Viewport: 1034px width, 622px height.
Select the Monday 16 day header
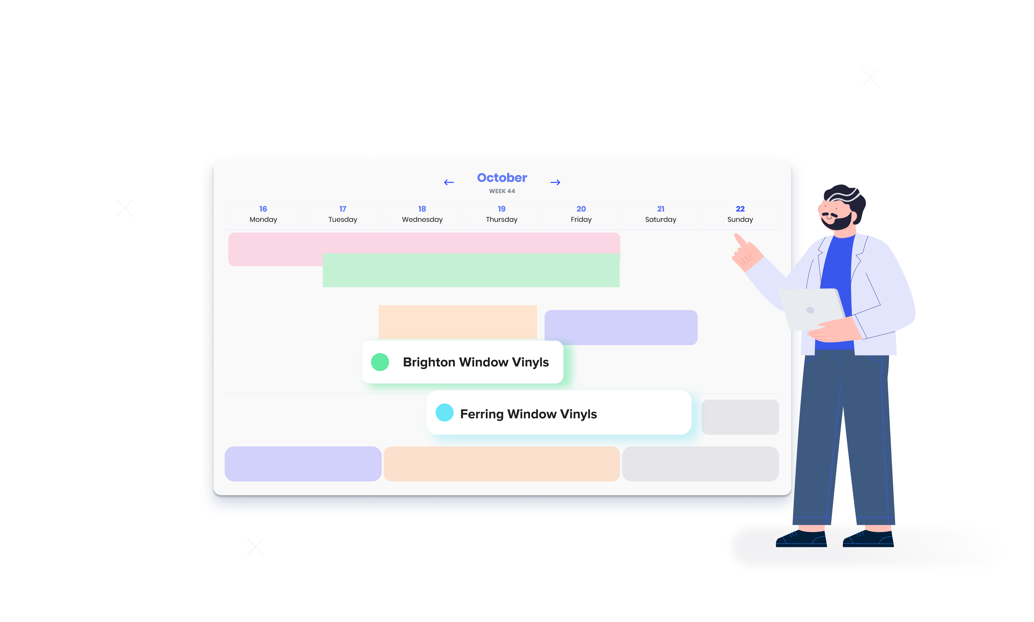click(x=263, y=214)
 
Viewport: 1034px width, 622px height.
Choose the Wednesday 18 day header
click(x=422, y=214)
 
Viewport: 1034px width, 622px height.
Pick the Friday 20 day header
click(x=581, y=214)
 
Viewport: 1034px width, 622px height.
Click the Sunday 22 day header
click(x=740, y=214)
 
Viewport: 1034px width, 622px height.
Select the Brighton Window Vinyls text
click(x=476, y=362)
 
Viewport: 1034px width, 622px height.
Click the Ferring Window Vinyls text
click(x=529, y=414)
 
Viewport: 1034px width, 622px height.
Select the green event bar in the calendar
click(x=471, y=270)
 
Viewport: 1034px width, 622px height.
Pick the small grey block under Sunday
click(x=740, y=417)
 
